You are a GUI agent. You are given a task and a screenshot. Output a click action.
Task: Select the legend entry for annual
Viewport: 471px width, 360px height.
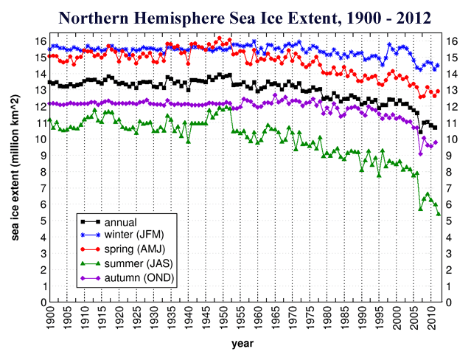[122, 221]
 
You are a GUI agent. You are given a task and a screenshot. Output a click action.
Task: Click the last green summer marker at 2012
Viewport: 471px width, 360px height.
[439, 214]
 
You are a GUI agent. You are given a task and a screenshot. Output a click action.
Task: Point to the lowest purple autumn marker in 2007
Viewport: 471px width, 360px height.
[421, 153]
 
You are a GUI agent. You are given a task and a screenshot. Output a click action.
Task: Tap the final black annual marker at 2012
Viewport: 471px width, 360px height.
[435, 128]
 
